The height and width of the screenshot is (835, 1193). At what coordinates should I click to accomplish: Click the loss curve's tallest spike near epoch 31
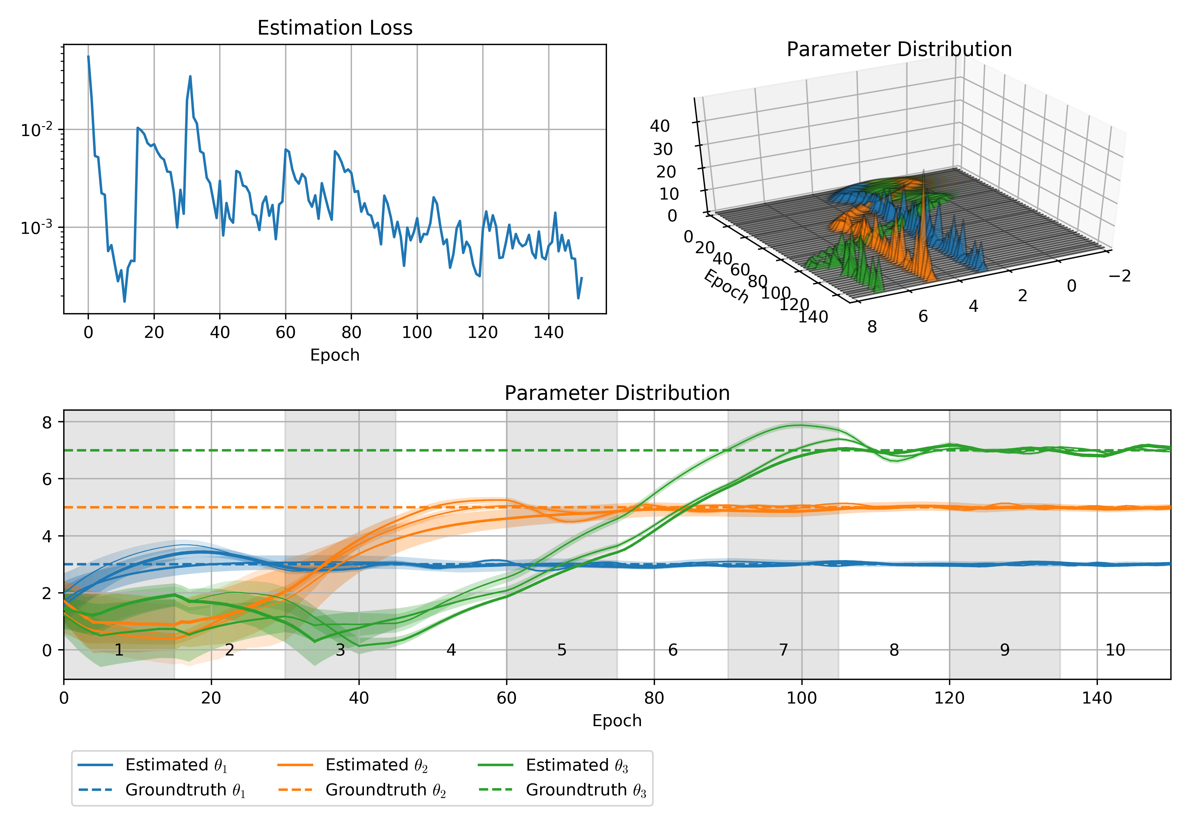coord(190,77)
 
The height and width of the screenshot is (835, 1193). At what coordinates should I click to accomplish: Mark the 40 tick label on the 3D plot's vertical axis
coord(660,126)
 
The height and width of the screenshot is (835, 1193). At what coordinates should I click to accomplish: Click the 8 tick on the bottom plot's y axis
coord(47,423)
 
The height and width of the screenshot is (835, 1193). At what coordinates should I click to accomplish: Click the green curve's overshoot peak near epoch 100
coord(800,426)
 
